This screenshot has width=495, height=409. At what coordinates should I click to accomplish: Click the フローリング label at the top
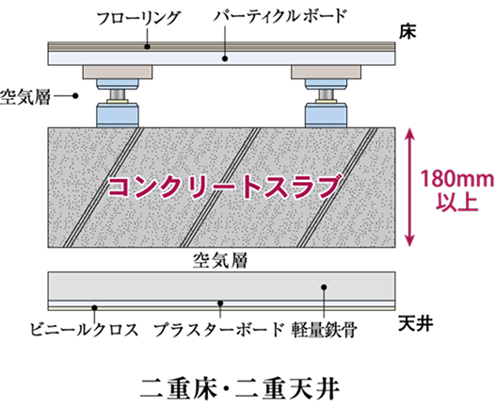[x=138, y=18]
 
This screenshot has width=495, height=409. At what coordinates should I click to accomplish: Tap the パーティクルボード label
[x=279, y=16]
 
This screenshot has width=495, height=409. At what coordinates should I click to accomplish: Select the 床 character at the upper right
[x=407, y=32]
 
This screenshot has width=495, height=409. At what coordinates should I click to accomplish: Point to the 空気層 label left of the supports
[x=25, y=96]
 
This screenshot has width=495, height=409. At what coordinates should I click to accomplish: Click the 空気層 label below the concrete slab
[x=220, y=260]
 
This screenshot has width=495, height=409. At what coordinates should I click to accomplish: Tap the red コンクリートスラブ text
[x=225, y=187]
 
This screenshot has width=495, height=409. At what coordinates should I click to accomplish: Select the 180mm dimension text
[x=456, y=179]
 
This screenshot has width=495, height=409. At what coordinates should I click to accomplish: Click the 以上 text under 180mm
[x=456, y=202]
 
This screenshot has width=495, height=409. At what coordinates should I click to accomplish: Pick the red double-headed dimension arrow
[x=409, y=187]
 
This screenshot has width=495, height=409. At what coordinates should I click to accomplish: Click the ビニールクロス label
[x=85, y=329]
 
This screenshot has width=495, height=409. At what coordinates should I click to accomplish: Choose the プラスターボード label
[x=218, y=329]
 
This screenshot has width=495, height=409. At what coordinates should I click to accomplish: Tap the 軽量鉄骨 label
[x=325, y=330]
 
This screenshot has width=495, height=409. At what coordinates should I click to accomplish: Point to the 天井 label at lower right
[x=415, y=323]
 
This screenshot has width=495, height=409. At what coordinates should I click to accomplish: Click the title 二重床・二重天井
[x=240, y=388]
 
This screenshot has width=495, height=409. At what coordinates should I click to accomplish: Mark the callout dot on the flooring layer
[x=147, y=47]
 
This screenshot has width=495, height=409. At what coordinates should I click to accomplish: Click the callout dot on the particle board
[x=225, y=58]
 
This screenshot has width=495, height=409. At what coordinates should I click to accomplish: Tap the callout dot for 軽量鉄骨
[x=324, y=287]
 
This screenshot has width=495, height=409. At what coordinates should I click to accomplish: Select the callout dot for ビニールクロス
[x=94, y=307]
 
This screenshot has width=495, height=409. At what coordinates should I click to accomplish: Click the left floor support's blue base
[x=117, y=115]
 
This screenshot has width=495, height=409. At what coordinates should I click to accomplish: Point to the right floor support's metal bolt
[x=326, y=94]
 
